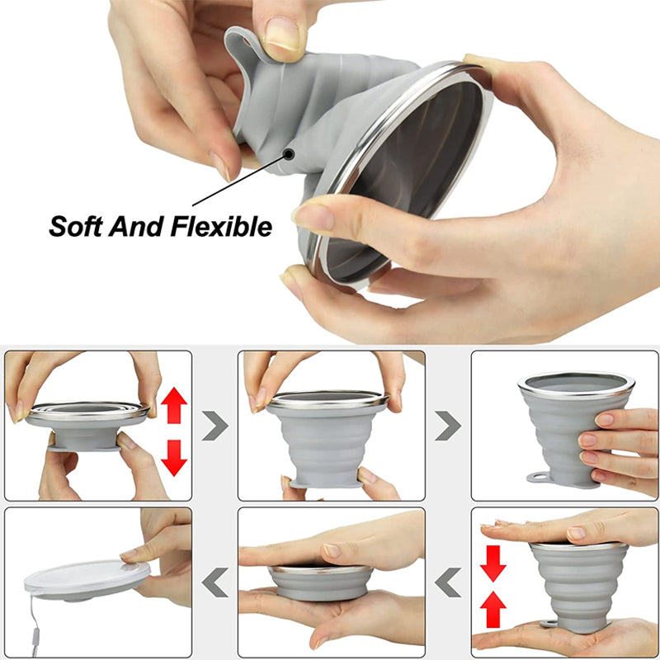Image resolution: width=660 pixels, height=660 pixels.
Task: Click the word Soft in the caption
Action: pyautogui.click(x=76, y=227)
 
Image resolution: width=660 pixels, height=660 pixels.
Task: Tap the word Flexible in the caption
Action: pyautogui.click(x=221, y=226)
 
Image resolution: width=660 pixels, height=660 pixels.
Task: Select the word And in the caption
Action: pyautogui.click(x=136, y=226)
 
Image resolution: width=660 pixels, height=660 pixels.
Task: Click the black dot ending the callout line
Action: pyautogui.click(x=289, y=154)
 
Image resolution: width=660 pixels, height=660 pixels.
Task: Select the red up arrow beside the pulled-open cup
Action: pyautogui.click(x=174, y=405)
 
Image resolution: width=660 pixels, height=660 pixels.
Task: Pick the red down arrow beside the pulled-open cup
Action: pyautogui.click(x=174, y=458)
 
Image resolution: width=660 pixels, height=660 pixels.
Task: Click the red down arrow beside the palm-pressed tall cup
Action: pyautogui.click(x=493, y=563)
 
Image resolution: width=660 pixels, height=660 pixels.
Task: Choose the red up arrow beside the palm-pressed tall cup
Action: pyautogui.click(x=493, y=610)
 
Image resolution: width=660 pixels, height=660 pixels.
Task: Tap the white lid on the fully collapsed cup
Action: pyautogui.click(x=87, y=577)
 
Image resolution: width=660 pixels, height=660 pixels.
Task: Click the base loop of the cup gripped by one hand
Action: pyautogui.click(x=539, y=478)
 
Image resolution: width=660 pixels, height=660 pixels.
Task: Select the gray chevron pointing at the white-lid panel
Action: pyautogui.click(x=214, y=582)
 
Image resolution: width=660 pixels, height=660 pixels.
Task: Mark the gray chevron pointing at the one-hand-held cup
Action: pyautogui.click(x=448, y=426)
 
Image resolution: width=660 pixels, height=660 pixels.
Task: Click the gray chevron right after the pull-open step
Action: pyautogui.click(x=214, y=426)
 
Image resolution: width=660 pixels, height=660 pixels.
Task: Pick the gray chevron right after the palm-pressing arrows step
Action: pyautogui.click(x=448, y=582)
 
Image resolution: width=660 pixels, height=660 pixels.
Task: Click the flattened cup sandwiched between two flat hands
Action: pyautogui.click(x=321, y=582)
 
